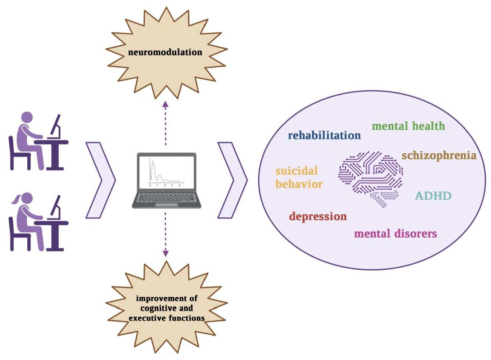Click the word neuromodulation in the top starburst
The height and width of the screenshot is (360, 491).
coord(166,52)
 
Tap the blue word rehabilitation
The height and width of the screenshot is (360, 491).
coord(324,136)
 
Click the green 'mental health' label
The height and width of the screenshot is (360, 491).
coord(408,126)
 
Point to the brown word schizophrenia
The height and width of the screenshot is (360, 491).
coord(439,155)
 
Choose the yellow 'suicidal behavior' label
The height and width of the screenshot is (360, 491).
coord(298,177)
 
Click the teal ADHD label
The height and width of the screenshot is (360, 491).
coord(433,196)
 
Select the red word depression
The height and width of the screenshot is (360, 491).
coord(318,217)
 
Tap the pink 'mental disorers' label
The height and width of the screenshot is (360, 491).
coord(395,233)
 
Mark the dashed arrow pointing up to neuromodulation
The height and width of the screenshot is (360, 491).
coord(166,123)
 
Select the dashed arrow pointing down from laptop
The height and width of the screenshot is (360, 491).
coord(166,233)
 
